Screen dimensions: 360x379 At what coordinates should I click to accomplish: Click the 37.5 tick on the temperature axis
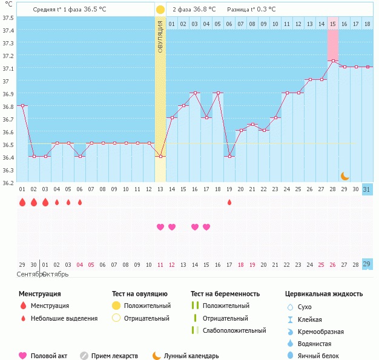8,18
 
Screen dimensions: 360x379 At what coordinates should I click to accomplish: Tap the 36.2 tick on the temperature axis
8,182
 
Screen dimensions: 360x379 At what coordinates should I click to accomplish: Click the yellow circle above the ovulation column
160,10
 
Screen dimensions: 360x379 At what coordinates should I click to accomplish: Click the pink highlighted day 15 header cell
333,24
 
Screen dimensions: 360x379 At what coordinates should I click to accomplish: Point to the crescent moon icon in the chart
344,175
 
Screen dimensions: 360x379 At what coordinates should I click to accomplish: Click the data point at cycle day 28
332,61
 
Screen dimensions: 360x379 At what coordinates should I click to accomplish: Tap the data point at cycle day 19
229,156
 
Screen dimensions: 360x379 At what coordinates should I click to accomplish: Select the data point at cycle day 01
22,105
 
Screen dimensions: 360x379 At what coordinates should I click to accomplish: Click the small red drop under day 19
229,202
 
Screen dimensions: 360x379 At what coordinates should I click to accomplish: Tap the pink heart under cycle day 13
160,227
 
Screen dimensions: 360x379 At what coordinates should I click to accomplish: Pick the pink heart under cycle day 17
206,227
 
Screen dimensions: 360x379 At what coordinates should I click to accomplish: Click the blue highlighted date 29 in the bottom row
367,264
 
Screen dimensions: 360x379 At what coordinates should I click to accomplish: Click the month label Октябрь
54,274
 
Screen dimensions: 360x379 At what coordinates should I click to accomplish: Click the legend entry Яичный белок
319,356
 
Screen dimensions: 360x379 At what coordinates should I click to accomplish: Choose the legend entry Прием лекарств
114,356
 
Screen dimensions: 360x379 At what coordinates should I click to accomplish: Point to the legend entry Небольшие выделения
64,318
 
